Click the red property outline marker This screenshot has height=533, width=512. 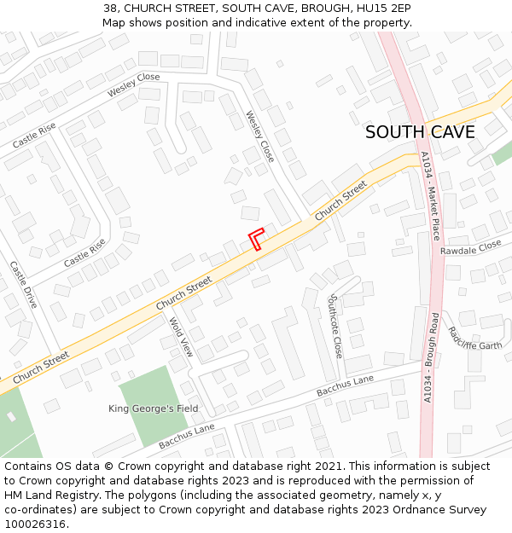pos(256,239)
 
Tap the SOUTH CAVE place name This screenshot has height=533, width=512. pos(420,132)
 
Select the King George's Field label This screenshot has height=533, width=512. pos(153,408)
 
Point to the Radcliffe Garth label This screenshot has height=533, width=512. pos(474,339)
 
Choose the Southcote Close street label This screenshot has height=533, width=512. pos(335,326)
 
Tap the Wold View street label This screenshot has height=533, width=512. pos(182,337)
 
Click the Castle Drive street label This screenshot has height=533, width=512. pos(23,285)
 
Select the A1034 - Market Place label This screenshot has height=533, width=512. pos(431,195)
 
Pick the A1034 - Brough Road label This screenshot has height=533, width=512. pos(429,357)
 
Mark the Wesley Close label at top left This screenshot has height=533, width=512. pos(133,85)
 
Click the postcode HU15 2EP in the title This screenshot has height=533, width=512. pos(390,8)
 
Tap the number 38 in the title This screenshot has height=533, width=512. pos(109,8)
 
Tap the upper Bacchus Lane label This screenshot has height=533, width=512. pos(345,385)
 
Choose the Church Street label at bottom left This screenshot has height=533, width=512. pos(41,368)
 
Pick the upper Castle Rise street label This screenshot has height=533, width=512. pos(34,135)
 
